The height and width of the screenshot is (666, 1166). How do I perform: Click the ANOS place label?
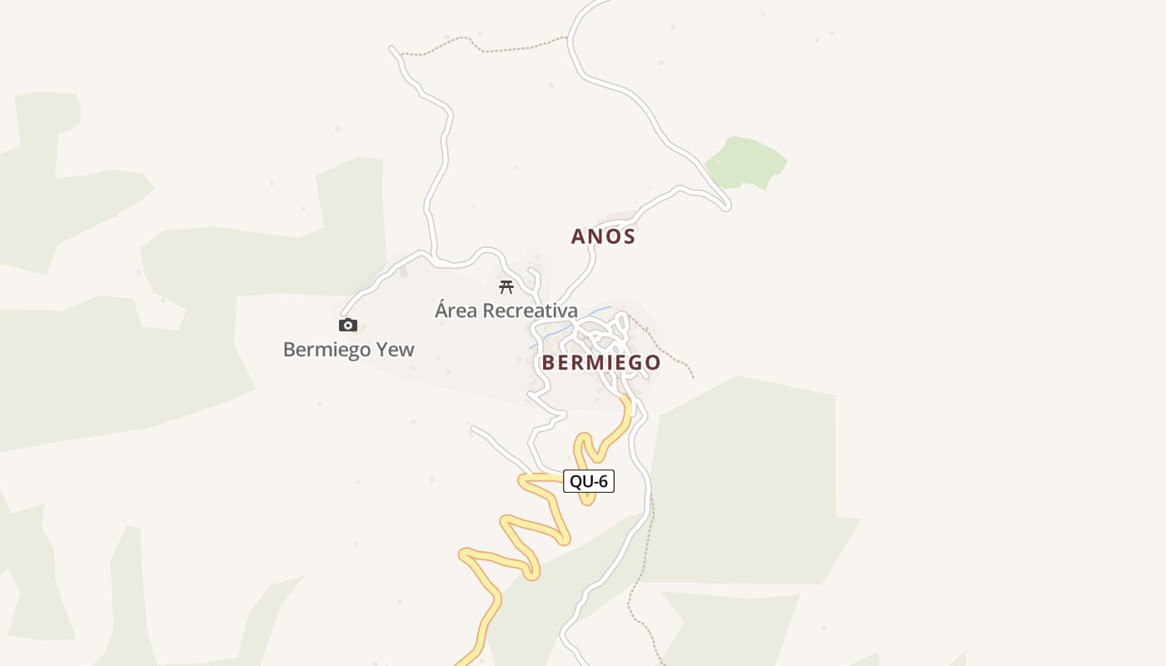[x=603, y=236]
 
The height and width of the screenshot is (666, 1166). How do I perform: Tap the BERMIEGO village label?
[x=600, y=362]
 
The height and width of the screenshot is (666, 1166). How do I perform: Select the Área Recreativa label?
[x=506, y=311]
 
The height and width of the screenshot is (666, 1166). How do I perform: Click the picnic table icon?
[x=506, y=288]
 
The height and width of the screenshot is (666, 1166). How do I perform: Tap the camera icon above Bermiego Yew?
[x=348, y=325]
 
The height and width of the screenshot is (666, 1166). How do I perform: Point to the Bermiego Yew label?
[x=348, y=349]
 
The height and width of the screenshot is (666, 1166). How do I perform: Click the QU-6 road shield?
[x=589, y=481]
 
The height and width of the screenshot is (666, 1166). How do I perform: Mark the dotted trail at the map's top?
[x=500, y=47]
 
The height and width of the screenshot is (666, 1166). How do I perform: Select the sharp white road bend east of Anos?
[x=726, y=205]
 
